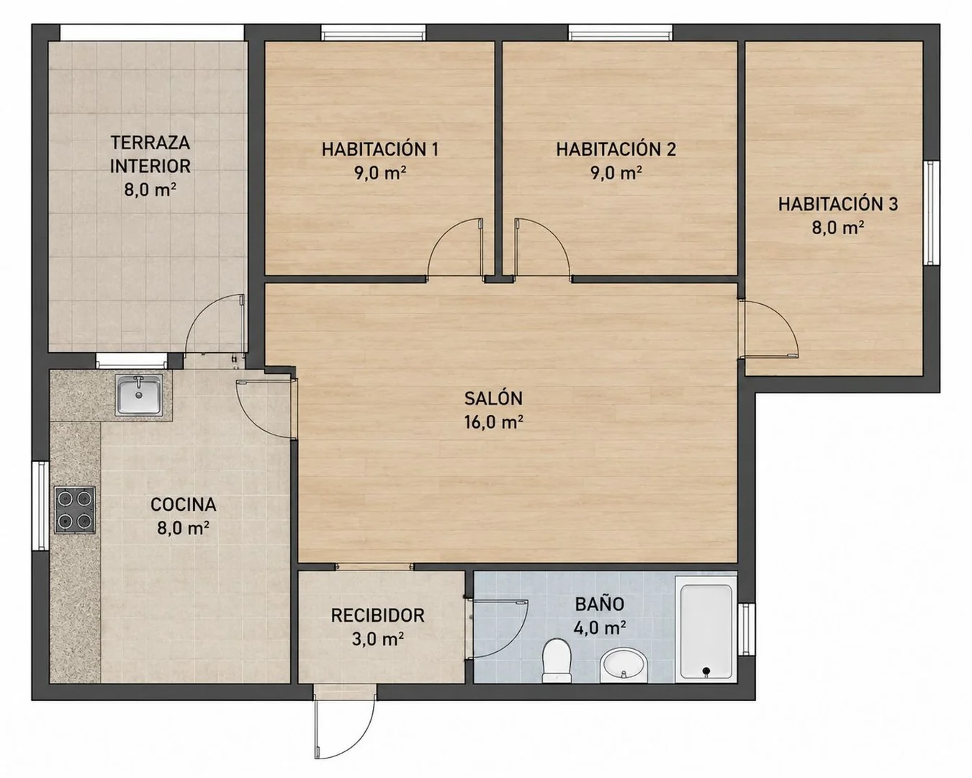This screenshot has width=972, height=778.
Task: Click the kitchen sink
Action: [139, 395]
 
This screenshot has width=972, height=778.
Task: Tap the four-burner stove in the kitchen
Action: [75, 510]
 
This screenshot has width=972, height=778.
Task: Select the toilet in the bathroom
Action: [557, 660]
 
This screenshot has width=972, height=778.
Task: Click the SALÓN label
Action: [494, 398]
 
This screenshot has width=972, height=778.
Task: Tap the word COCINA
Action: [183, 505]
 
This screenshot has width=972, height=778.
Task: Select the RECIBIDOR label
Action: [377, 616]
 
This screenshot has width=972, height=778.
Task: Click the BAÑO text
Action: [599, 603]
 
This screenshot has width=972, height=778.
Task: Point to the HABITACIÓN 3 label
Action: [838, 204]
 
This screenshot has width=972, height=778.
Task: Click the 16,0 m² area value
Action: [494, 421]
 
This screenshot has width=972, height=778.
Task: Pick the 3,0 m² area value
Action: [377, 639]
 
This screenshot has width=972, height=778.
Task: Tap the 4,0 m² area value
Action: [599, 627]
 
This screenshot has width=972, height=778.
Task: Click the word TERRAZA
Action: [150, 143]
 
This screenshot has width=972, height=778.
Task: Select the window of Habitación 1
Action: [374, 32]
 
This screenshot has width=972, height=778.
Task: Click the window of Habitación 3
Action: [932, 213]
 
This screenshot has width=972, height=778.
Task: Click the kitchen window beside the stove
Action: [40, 506]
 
